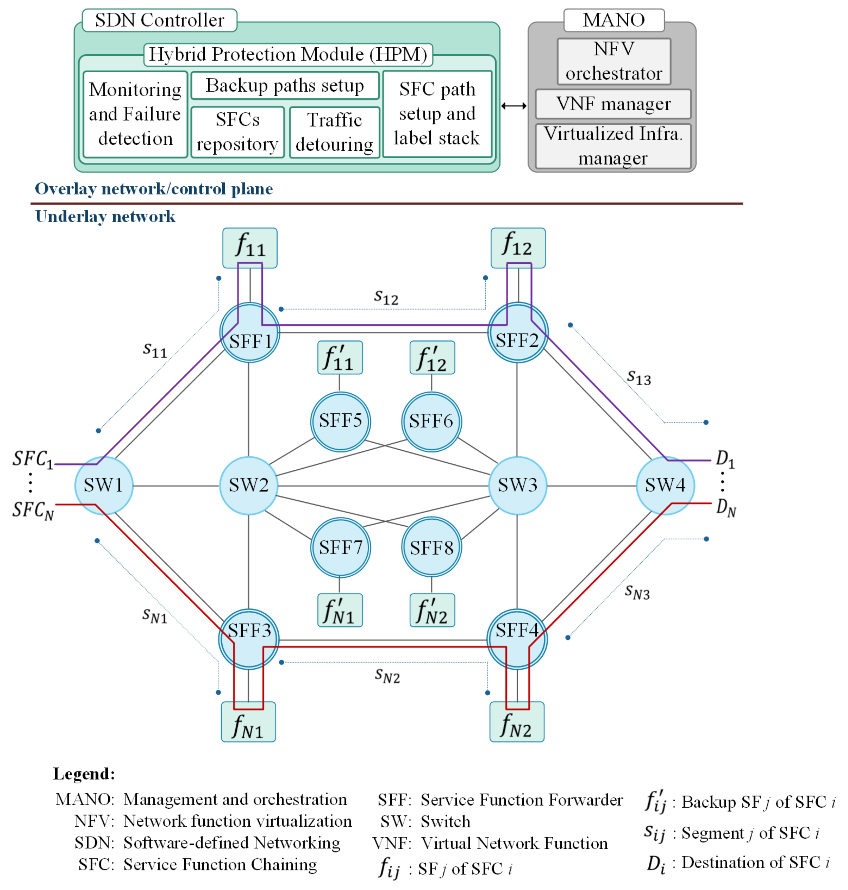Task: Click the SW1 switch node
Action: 104,486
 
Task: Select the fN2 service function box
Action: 517,722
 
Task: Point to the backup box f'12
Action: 432,358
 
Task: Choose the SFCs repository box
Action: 237,132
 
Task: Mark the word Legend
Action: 84,774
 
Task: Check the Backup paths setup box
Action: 285,85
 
